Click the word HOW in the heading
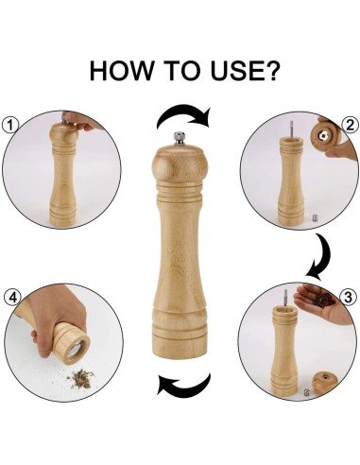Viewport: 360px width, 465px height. coord(121,71)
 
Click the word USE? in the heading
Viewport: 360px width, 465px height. coord(245,71)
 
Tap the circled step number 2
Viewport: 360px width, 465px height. coord(350,125)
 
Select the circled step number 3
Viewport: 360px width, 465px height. coord(348,297)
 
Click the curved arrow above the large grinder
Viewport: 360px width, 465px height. coord(183,115)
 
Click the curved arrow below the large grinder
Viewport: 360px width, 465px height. coord(183,385)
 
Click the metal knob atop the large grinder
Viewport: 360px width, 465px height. coord(180,139)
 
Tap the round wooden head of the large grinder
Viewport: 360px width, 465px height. coord(180,164)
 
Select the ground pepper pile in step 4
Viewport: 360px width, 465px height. coord(80,378)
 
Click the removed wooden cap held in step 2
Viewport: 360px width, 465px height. coord(324,136)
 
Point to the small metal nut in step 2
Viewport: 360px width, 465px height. coord(314,217)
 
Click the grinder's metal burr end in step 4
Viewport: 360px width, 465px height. coord(75,349)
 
